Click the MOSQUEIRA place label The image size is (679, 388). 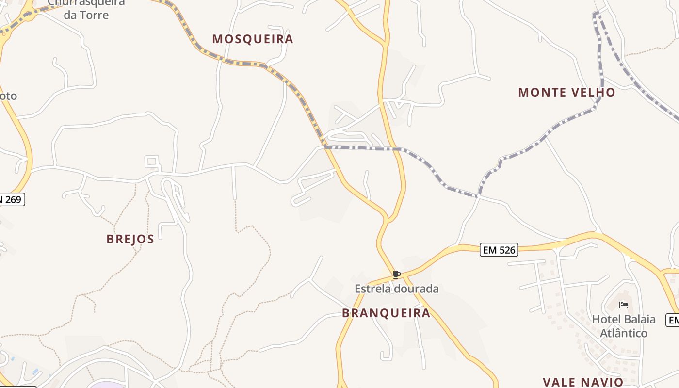click(x=253, y=39)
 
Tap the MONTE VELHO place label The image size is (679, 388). click(x=566, y=92)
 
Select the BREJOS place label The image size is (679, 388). click(x=130, y=239)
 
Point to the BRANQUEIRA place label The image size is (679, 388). click(x=386, y=313)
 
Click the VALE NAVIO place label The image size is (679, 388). click(x=583, y=382)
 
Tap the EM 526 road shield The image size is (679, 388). click(x=499, y=250)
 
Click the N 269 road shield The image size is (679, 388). click(x=12, y=199)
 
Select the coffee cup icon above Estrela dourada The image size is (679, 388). click(x=396, y=275)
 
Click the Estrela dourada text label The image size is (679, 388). click(x=396, y=289)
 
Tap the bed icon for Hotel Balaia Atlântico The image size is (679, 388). click(x=624, y=305)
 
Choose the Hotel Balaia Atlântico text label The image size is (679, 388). click(x=624, y=326)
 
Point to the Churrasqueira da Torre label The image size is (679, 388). click(x=86, y=8)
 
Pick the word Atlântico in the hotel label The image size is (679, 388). click(x=624, y=333)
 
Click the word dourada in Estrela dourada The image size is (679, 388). click(x=416, y=289)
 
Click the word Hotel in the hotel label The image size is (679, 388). click(x=606, y=319)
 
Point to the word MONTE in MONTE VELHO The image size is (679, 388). click(x=538, y=92)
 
